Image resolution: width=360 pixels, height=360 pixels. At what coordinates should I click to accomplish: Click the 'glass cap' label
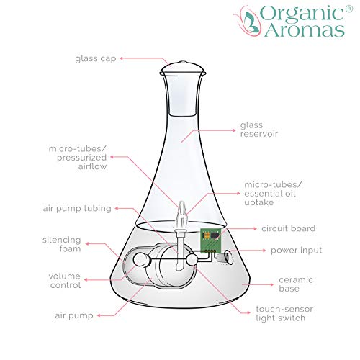coord(96,59)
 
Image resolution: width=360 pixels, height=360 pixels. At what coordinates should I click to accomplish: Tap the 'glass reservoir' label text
coord(259,130)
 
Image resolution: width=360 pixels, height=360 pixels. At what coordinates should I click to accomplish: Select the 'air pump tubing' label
coord(77,208)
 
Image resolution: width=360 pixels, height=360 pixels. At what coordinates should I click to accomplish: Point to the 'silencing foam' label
coord(62,244)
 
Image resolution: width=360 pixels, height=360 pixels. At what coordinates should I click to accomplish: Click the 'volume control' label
coord(65,281)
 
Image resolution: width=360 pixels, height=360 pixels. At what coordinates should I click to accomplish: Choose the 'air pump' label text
coord(74,315)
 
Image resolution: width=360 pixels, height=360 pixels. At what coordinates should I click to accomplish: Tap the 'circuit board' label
coord(289,228)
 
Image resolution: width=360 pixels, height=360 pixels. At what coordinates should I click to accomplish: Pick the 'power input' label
coord(296,251)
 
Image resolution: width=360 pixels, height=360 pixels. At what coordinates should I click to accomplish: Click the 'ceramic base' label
coord(296,284)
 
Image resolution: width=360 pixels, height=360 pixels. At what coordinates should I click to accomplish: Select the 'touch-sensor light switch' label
coord(284,313)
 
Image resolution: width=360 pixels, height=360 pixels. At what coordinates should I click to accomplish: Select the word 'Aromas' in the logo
coord(305,30)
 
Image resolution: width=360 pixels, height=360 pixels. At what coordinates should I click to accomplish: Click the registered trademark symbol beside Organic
coord(349,9)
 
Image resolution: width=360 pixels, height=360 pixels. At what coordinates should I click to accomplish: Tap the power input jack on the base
coord(225,257)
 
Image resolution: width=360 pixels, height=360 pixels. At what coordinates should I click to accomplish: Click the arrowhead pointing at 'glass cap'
coord(122,58)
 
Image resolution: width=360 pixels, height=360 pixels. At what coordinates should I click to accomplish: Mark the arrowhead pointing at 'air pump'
coord(99,315)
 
